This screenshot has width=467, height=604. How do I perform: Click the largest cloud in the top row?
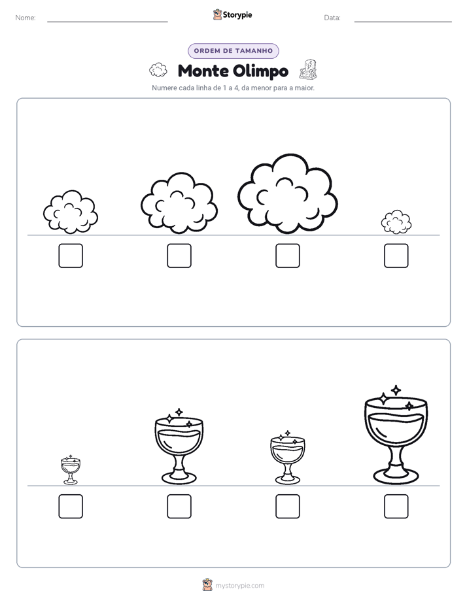point(287,193)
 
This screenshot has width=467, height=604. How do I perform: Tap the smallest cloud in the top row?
point(396,222)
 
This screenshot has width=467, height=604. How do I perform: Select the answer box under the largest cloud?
point(287,256)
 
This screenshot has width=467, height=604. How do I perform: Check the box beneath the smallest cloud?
point(396,256)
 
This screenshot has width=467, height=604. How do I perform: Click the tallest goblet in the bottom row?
point(396,435)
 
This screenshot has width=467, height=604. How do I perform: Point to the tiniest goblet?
point(71,469)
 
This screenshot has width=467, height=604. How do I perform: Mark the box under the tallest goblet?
point(396,506)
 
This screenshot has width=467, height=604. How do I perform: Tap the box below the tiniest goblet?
point(71,506)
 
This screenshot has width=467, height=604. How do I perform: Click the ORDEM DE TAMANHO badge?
point(233,51)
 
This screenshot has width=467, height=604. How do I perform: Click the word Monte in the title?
point(203,71)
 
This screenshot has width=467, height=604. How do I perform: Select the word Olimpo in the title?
point(261,71)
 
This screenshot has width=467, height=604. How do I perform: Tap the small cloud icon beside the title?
point(158,70)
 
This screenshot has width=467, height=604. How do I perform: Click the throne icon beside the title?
point(308,69)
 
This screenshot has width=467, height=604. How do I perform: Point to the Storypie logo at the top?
point(232,14)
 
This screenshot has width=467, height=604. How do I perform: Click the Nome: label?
point(26,18)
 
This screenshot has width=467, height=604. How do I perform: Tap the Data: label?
point(332,18)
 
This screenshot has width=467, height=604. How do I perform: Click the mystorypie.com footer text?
point(239,586)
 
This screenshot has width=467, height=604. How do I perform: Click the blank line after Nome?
point(107,22)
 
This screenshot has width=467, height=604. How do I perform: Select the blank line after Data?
point(403,22)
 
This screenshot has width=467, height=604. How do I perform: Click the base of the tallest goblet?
point(396,477)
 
